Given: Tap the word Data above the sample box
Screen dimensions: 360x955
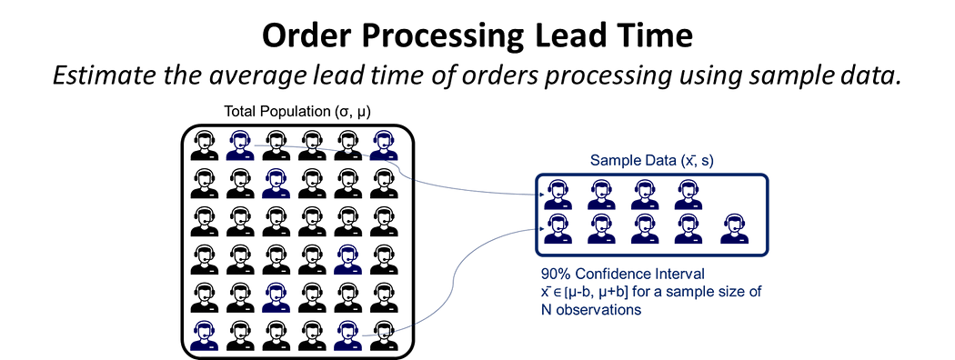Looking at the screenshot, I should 661,161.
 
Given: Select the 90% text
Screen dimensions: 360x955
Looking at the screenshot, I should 556,274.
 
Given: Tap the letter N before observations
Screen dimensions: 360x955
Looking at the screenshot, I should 546,310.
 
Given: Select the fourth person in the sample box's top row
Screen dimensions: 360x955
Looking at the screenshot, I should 689,194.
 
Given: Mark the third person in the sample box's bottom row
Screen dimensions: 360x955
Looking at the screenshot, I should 644,229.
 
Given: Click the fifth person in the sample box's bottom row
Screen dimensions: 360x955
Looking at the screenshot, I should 734,229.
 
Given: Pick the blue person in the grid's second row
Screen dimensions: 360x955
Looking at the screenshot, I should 276,185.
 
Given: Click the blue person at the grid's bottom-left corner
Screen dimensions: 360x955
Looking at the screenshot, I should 205,335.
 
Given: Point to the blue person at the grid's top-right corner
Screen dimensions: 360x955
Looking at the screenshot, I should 383,145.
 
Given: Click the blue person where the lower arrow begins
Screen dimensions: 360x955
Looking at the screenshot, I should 347,335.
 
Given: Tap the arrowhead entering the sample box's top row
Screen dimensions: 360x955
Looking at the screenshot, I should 532,195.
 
